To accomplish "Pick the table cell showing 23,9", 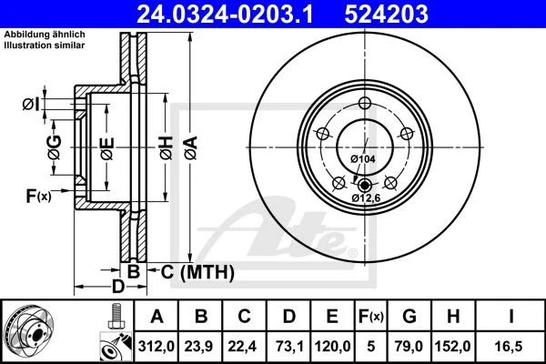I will pos(201,346).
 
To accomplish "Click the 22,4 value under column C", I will pos(245,346).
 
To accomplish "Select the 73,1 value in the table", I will pos(288,346).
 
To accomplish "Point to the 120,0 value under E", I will pos(332,346).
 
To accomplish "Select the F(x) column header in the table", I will pos(371,318).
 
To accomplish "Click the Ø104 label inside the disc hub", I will pos(363,159).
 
